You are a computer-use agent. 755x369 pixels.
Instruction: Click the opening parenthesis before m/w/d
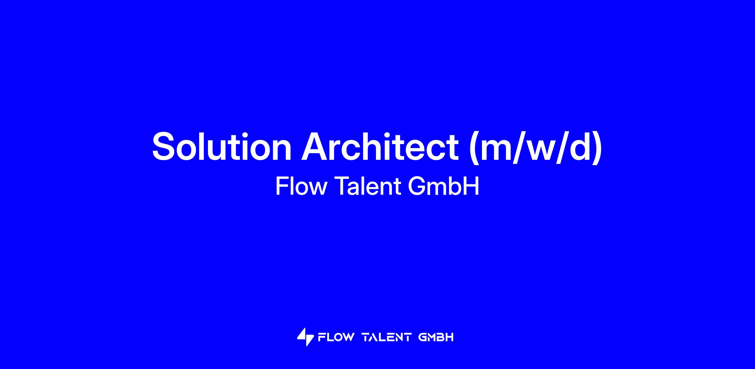coord(474,148)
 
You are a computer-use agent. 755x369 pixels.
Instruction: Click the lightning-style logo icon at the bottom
coord(305,337)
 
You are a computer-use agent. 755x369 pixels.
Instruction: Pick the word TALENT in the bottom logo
coord(387,337)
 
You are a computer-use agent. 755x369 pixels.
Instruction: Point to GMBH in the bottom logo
coord(436,337)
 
